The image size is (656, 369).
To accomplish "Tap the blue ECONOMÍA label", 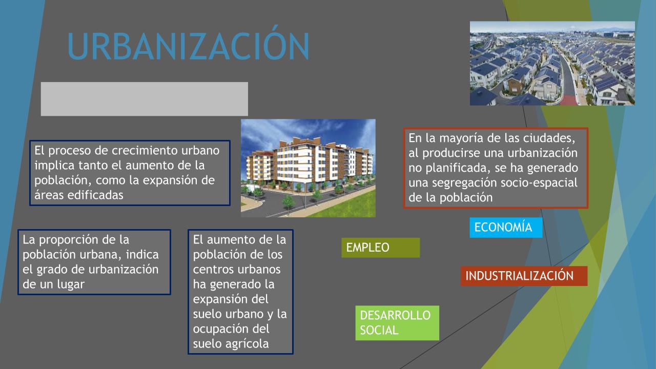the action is pyautogui.click(x=506, y=227).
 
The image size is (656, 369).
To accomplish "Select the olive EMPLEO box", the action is pyautogui.click(x=380, y=248).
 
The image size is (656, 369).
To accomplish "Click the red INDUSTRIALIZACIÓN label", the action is pyautogui.click(x=524, y=276).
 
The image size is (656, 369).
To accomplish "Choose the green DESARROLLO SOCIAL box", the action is pyautogui.click(x=397, y=323).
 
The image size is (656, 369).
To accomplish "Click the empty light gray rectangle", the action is pyautogui.click(x=145, y=99).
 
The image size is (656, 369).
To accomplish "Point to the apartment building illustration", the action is pyautogui.click(x=308, y=168).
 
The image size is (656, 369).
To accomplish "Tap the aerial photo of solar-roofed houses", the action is pyautogui.click(x=552, y=63).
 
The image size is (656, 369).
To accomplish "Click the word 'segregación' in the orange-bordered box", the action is pyautogui.click(x=464, y=183).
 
